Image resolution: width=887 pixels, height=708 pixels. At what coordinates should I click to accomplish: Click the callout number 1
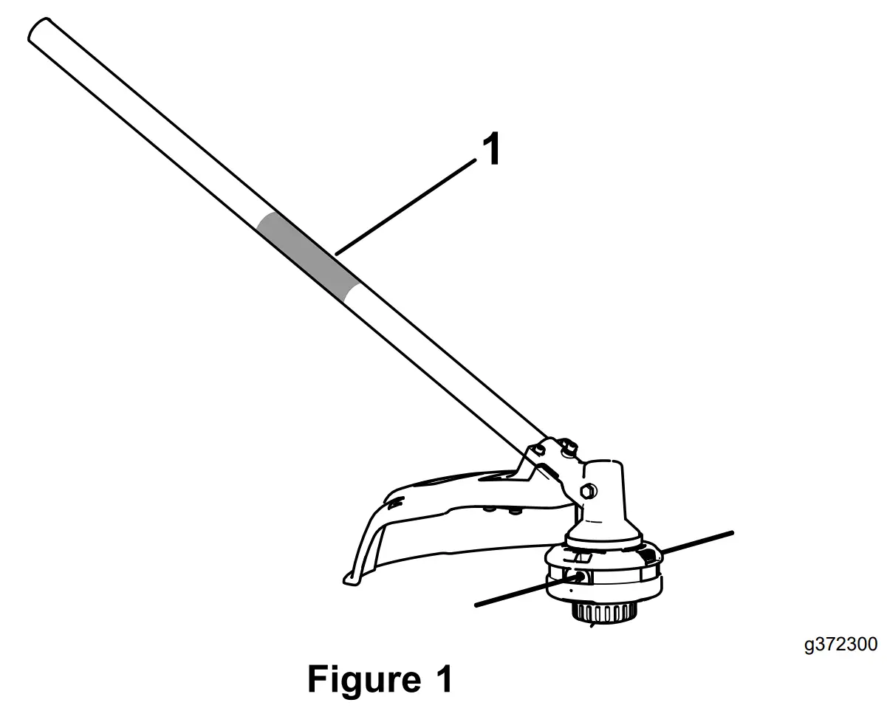pos(491,150)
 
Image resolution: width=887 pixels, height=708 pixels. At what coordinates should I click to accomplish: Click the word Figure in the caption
pos(360,679)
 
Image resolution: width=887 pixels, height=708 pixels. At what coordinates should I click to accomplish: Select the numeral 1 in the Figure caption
pos(439,679)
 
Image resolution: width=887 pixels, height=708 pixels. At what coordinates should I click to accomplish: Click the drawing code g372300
pos(840,645)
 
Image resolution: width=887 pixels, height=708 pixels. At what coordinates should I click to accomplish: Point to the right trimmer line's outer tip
pos(731,532)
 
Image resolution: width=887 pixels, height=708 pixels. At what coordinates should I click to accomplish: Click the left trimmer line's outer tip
pos(477,605)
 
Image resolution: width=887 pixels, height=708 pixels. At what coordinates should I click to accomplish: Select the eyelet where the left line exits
pos(576,576)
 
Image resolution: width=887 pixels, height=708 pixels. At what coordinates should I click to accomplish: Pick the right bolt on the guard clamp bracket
pos(570,447)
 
